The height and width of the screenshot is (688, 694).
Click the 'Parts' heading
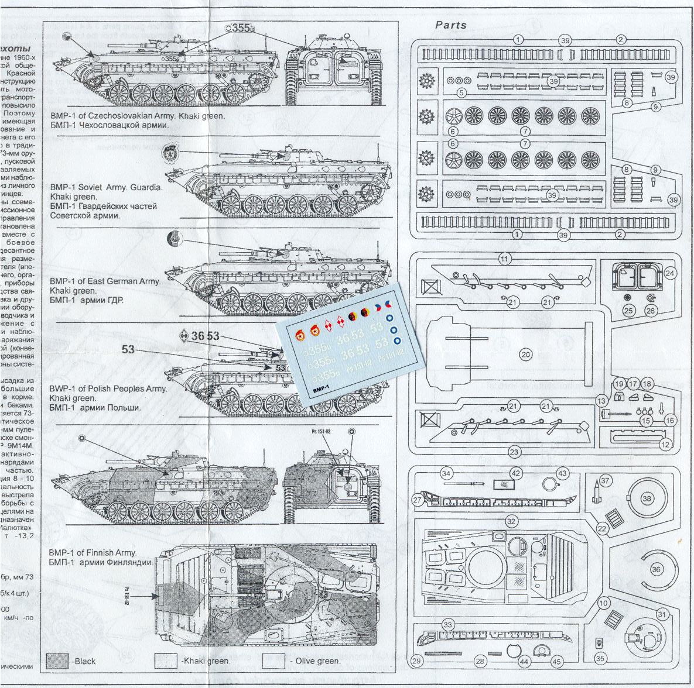[451, 25]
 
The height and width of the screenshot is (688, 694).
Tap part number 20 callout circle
[525, 354]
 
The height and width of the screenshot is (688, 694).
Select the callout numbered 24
[671, 273]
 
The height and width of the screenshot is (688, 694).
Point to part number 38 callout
[647, 498]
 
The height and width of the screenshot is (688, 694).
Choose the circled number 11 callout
[504, 258]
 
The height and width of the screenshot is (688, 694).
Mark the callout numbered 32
[511, 521]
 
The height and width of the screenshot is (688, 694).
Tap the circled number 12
[665, 445]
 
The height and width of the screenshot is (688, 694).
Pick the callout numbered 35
[600, 658]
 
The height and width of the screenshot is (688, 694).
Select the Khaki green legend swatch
[166, 661]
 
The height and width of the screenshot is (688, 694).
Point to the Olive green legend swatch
[274, 661]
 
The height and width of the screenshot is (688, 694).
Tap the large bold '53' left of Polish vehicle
[128, 350]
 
